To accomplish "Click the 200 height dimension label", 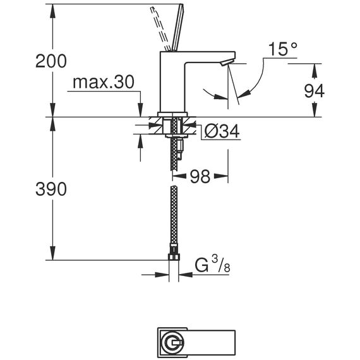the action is click(51, 61).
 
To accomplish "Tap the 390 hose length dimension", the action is click(51, 189).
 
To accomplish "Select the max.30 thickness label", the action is click(104, 83).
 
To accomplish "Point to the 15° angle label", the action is click(283, 49).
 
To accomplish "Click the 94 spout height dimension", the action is click(314, 91).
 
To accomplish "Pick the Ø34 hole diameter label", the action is click(222, 131).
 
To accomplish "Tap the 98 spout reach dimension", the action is click(200, 177).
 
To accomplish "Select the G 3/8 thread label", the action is click(212, 265).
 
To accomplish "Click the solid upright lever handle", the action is click(178, 28).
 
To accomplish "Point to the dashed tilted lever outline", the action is click(160, 28).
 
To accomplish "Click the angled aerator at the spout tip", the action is click(227, 63).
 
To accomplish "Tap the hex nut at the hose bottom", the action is click(174, 257).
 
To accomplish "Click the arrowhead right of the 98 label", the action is click(221, 176).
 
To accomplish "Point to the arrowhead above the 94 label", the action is click(315, 71).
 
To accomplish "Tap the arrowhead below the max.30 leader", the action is click(140, 110).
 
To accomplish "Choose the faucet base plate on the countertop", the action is click(172, 114).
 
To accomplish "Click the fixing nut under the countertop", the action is click(176, 136).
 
